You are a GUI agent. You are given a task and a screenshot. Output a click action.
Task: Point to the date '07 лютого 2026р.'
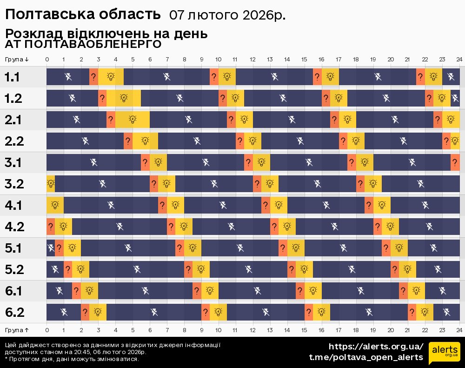click(x=227, y=15)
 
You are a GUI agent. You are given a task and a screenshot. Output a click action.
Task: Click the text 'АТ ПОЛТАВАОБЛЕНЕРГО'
click(x=83, y=44)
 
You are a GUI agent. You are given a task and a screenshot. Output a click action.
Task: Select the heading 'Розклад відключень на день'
click(x=106, y=34)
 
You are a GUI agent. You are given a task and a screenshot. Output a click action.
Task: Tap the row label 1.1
click(x=12, y=77)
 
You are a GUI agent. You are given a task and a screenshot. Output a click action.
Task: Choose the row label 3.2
click(x=14, y=184)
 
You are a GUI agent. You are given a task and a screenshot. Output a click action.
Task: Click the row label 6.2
click(x=14, y=312)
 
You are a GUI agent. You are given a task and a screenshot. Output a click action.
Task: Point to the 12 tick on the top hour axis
click(x=252, y=59)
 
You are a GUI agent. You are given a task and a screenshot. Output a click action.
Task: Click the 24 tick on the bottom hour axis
click(x=459, y=329)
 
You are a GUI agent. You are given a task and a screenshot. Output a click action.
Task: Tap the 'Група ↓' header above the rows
click(x=17, y=59)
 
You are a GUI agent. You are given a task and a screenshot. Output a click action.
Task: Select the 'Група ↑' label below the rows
click(x=17, y=329)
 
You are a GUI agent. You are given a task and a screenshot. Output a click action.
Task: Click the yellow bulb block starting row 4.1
click(x=55, y=205)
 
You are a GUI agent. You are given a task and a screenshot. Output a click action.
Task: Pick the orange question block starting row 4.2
click(x=50, y=227)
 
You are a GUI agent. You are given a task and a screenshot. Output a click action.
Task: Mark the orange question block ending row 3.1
click(x=455, y=162)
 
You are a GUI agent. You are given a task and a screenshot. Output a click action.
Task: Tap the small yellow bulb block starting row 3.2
click(x=50, y=184)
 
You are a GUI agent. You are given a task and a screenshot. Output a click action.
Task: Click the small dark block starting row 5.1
click(x=50, y=248)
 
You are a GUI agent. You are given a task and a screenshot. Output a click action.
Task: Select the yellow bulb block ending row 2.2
click(x=455, y=141)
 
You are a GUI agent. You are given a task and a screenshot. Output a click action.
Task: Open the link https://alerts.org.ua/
click(x=376, y=347)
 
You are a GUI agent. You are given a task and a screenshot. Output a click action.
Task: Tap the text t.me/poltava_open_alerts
click(x=366, y=357)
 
